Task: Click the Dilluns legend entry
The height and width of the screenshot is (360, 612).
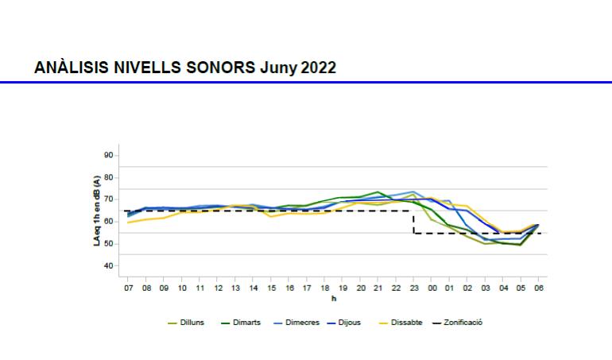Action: click(x=192, y=323)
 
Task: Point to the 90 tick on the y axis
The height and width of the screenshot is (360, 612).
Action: click(x=109, y=155)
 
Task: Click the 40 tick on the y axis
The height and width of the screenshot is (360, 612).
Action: click(x=109, y=265)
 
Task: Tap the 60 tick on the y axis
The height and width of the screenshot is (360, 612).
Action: click(x=109, y=221)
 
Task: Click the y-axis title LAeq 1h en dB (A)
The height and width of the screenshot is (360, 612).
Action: click(x=96, y=210)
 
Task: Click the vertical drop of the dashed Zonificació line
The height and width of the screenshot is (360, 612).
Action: click(x=413, y=223)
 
